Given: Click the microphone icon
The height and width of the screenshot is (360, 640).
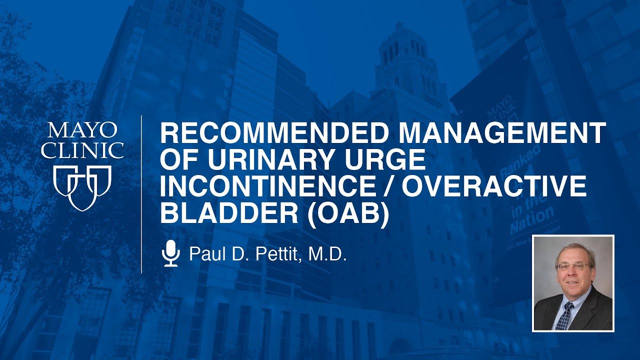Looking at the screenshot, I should point(171,253).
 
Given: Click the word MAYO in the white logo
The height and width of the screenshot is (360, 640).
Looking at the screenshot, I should point(82,131).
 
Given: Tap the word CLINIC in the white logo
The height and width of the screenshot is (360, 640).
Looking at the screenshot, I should point(82,150).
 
